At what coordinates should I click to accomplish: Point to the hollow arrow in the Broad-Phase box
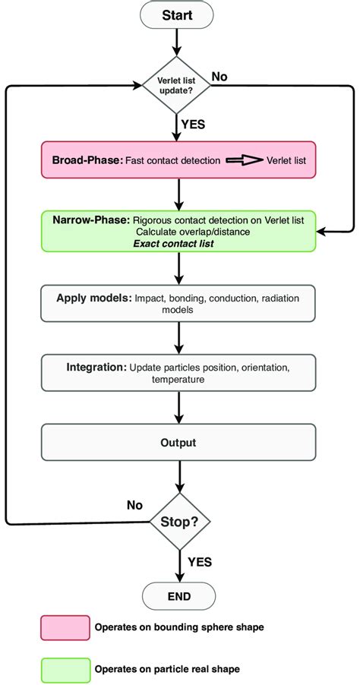click(x=243, y=161)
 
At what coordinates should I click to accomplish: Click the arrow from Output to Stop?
click(x=180, y=478)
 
